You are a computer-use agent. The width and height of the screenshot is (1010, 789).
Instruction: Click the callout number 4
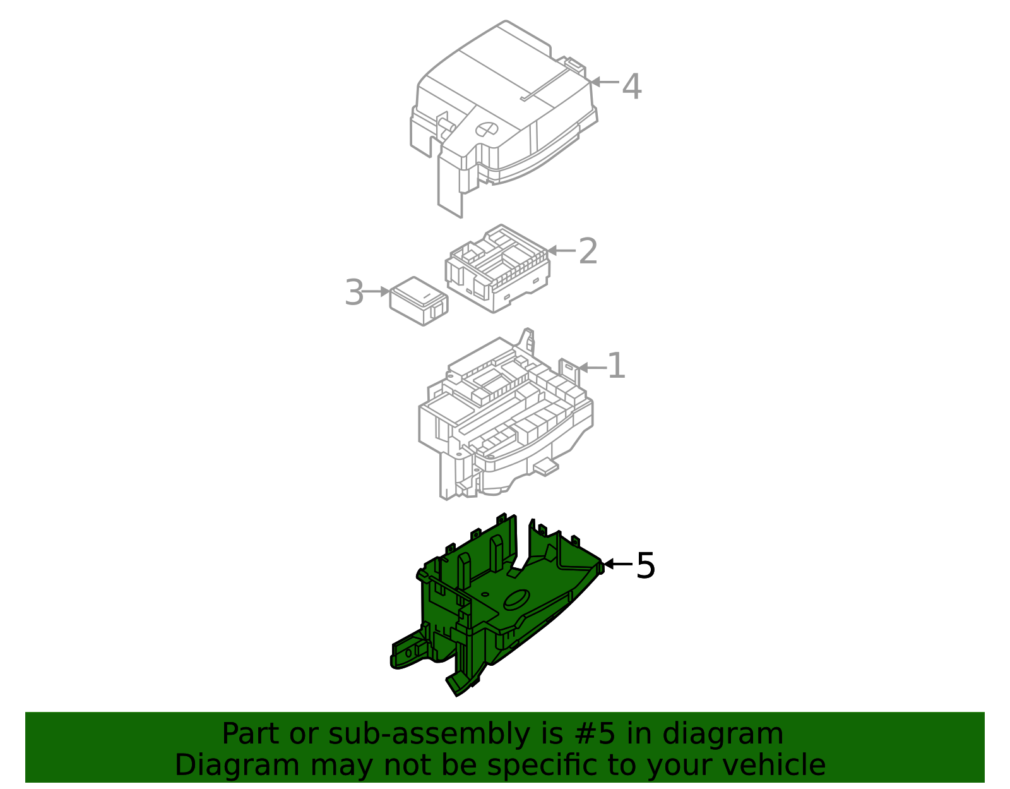point(632,87)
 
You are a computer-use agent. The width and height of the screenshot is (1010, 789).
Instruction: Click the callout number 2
point(588,251)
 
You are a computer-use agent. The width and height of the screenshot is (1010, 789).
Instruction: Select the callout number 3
point(354,292)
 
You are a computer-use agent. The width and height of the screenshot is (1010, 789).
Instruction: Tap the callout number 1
point(617,366)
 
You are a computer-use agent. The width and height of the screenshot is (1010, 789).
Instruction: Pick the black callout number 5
point(645,565)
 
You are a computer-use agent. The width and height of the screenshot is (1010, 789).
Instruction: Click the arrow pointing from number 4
point(604,82)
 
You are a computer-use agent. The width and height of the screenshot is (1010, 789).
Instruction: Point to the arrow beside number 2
point(561,251)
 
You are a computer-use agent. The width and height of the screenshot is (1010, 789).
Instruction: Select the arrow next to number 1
point(592,368)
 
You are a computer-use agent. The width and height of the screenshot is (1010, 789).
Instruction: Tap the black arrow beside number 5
point(619,564)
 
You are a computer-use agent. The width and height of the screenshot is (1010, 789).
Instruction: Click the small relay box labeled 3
point(419,301)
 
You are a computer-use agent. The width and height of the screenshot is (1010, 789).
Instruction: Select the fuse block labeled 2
point(497,268)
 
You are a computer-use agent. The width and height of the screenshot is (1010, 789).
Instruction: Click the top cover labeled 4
point(503,119)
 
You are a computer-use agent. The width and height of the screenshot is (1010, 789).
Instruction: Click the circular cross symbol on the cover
point(487,129)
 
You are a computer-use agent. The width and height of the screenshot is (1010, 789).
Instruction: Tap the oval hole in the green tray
point(517,599)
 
